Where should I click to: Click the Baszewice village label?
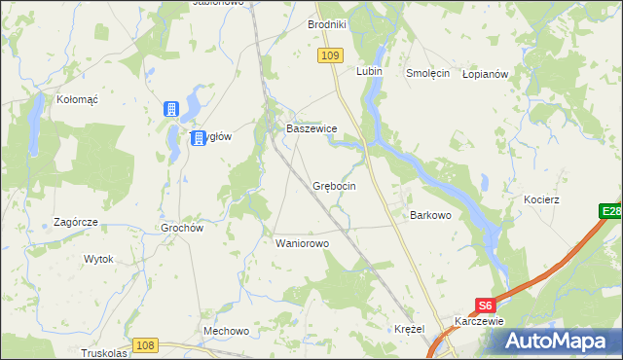coord(311,128)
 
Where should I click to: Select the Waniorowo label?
coord(303,243)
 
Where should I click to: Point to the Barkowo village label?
coord(430,215)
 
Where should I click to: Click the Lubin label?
coord(369,72)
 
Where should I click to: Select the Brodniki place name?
coord(327,24)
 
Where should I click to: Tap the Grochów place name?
coord(180,229)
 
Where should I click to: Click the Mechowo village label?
coord(226,331)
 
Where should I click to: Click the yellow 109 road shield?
coord(329,57)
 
